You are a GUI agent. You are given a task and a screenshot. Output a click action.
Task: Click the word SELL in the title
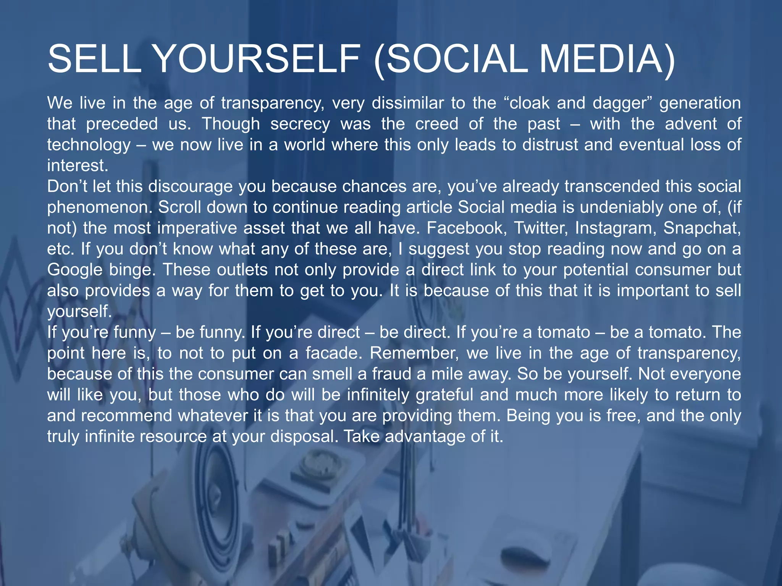coord(94,59)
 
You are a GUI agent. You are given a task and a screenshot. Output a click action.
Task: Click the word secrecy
coord(300,124)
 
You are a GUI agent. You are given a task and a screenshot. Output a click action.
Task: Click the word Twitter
coord(541,228)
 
